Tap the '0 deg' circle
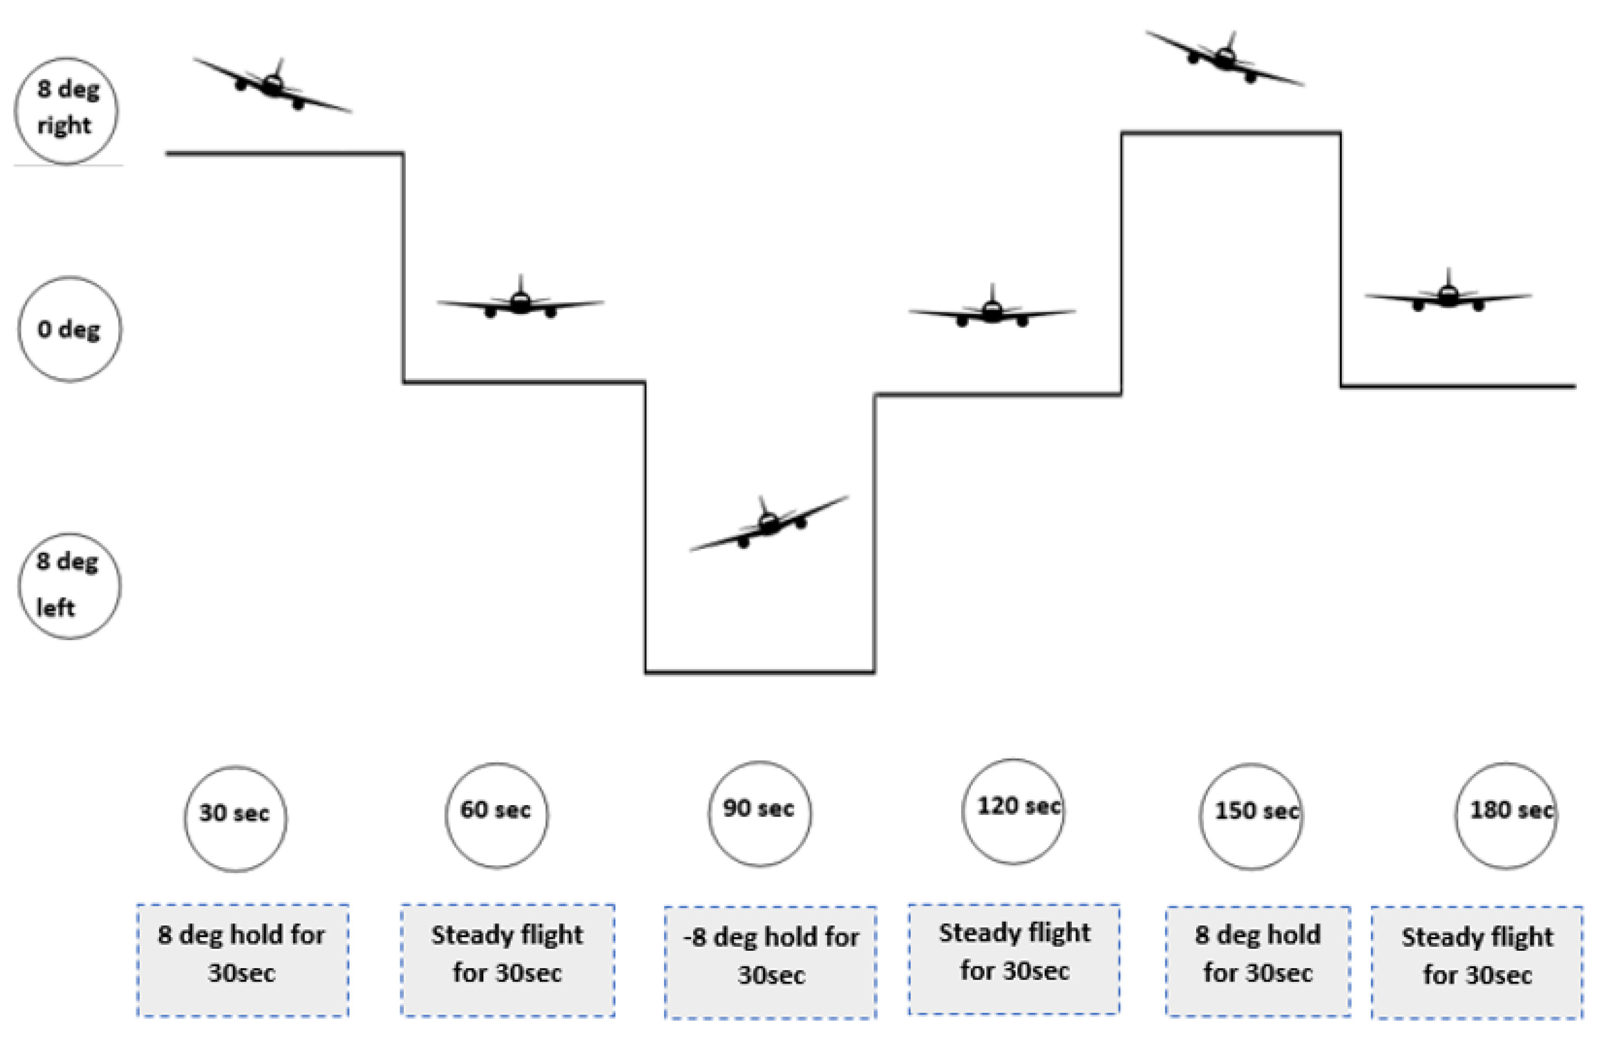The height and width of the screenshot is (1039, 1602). click(69, 329)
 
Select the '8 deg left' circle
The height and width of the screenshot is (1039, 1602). click(69, 586)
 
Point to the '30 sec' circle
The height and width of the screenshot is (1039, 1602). click(236, 818)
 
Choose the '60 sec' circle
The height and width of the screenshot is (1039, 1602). click(497, 815)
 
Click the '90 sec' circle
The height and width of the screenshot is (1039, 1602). click(759, 813)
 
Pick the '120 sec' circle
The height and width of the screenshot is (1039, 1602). click(1013, 811)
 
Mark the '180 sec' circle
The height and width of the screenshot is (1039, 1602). click(1507, 815)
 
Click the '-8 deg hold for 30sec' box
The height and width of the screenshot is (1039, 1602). click(771, 962)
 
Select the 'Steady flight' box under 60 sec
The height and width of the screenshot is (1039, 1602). click(507, 959)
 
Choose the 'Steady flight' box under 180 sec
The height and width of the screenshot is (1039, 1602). click(1477, 962)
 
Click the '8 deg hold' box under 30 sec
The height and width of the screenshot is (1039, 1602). click(242, 959)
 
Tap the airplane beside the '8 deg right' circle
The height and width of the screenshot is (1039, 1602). click(272, 86)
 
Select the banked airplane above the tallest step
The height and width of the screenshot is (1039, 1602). click(1225, 59)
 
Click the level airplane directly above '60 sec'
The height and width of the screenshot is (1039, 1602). click(520, 303)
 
